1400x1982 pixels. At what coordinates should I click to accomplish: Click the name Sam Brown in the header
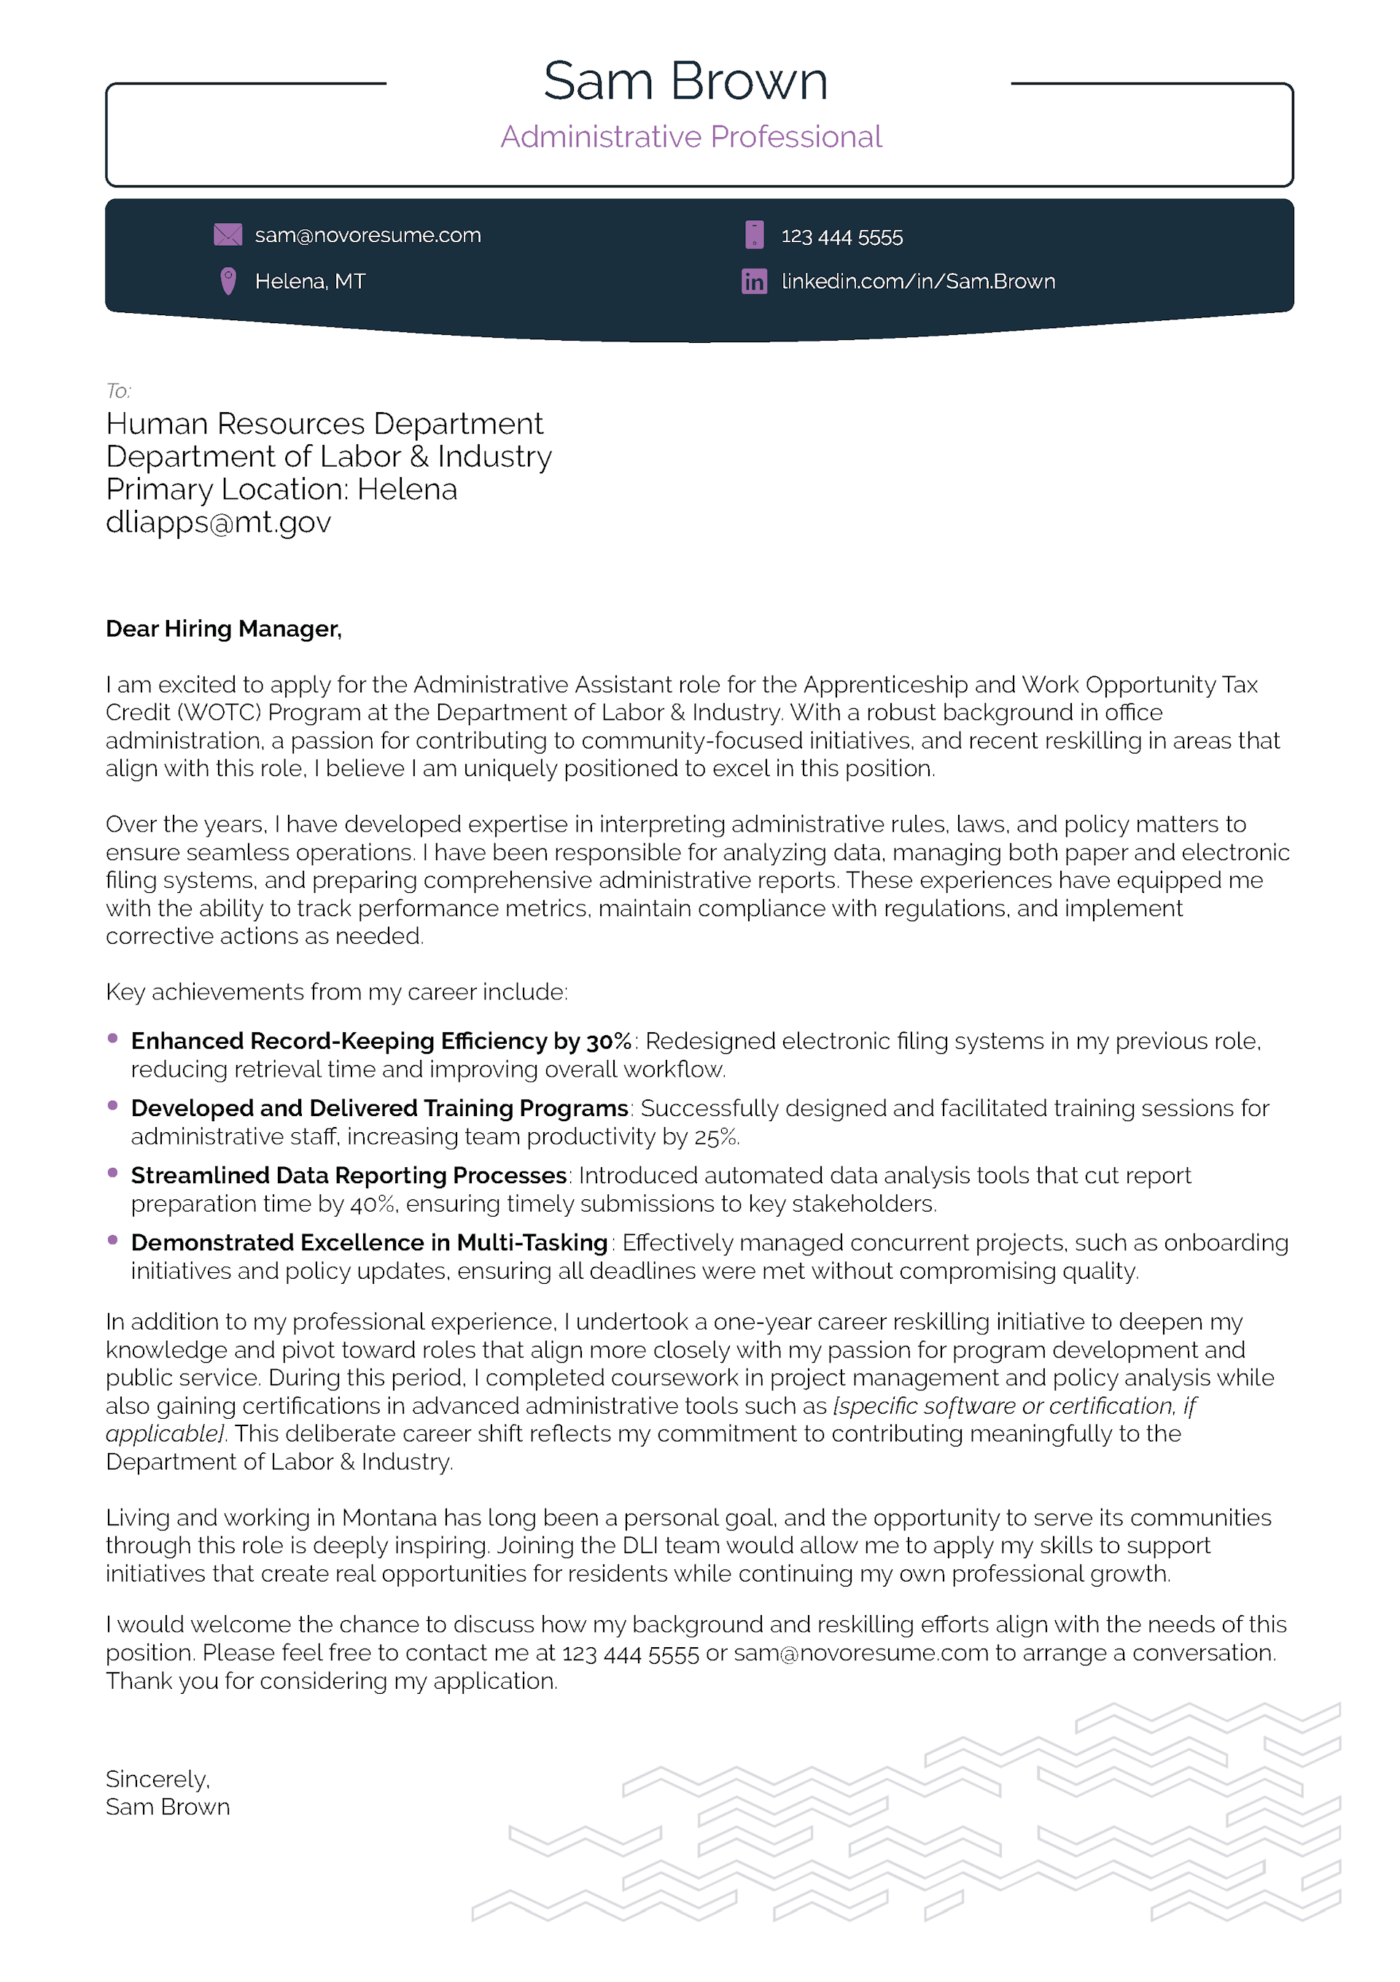point(685,82)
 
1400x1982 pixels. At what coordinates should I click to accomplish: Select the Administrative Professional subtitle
point(691,137)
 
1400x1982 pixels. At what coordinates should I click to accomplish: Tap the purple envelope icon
point(228,235)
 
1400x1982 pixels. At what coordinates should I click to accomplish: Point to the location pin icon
point(228,282)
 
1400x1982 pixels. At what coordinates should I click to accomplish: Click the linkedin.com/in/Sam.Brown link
point(917,282)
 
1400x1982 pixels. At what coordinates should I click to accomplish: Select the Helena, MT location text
point(310,282)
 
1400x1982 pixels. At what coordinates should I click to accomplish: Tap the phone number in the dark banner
point(841,236)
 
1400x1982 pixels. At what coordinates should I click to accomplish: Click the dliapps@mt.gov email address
point(218,522)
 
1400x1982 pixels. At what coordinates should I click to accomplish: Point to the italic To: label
point(118,391)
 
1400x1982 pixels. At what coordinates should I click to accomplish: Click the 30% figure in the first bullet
point(609,1041)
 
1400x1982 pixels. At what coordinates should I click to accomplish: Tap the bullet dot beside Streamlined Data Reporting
point(112,1172)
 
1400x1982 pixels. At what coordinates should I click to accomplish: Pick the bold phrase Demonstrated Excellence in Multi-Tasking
point(370,1242)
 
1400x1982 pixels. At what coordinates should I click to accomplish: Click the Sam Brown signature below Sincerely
point(168,1807)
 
